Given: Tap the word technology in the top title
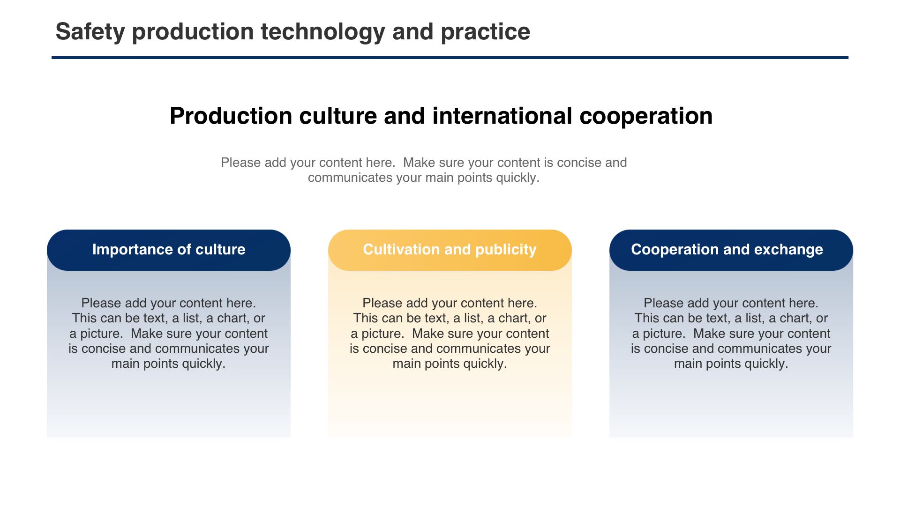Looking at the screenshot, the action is click(323, 32).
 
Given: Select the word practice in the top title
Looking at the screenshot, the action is click(485, 32).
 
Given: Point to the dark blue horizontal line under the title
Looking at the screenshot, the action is click(450, 58).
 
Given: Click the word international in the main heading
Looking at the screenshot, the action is click(502, 116).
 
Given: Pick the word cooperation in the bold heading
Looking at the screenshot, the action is click(646, 116).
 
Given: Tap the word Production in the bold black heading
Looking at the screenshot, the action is click(231, 116).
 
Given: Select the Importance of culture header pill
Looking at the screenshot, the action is click(169, 250).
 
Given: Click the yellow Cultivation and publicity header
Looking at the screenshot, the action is click(450, 250).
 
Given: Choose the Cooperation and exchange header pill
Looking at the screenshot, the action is click(731, 250).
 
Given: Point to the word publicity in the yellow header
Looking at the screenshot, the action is click(506, 250).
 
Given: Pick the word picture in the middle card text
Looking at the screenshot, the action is click(382, 334).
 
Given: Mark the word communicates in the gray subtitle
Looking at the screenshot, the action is click(350, 178).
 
